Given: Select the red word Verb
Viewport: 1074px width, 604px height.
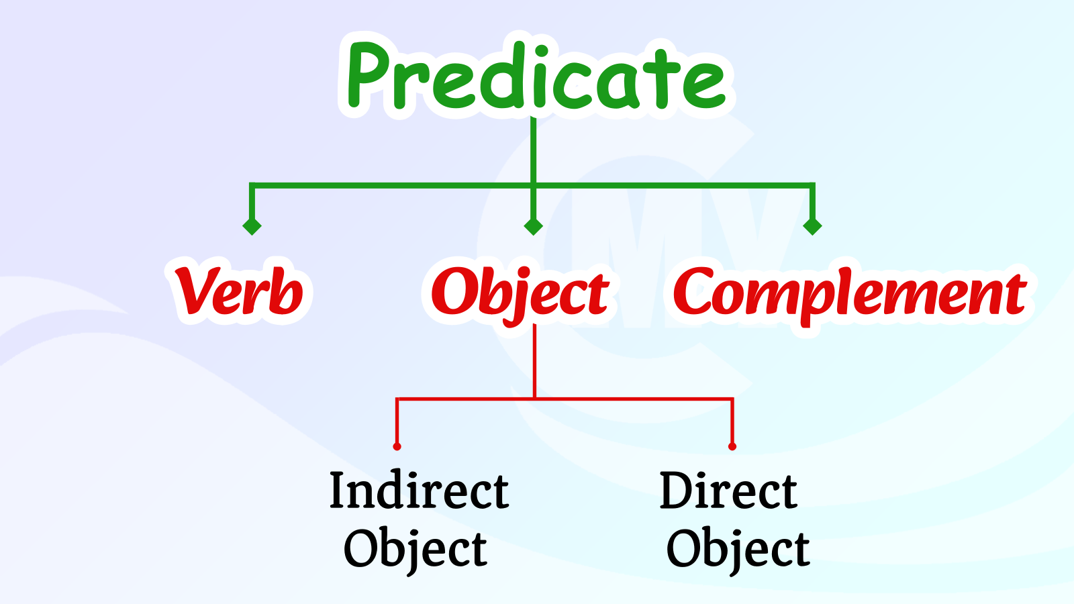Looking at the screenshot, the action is coord(239,291).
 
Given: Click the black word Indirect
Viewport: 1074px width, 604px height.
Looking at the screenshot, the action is coord(419,491).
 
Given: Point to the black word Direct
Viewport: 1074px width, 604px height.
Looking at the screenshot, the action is coord(728,491).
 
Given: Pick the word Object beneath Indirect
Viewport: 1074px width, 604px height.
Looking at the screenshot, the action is coord(416,549).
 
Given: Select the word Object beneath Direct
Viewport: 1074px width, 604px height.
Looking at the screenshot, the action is coord(738,549).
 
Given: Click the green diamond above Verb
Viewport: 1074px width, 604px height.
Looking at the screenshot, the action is coord(252,226).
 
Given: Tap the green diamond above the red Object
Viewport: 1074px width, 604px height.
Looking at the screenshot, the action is coord(534,226).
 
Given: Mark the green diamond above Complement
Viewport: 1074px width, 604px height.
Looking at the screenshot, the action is coord(812,226).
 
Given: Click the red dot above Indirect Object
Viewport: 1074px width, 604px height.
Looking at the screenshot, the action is coord(397,446).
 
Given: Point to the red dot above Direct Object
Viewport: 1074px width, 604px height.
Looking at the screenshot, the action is coord(732,446).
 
